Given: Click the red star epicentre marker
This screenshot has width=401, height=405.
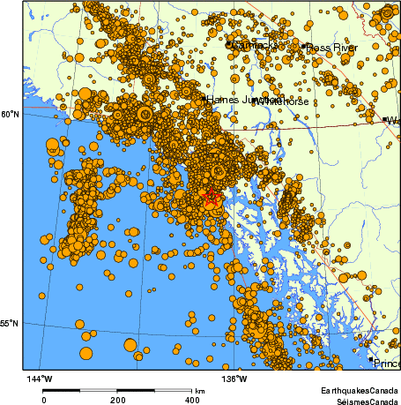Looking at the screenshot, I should tap(211, 198).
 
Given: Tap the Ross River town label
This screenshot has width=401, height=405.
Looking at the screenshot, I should tap(332, 46).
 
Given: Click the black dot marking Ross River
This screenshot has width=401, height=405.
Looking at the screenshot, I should tap(304, 46).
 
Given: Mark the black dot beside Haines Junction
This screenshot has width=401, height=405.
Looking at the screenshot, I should tap(203, 99).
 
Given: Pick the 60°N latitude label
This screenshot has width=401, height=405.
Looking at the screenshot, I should tap(9, 115).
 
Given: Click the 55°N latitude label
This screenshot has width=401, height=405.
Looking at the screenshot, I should tap(9, 323).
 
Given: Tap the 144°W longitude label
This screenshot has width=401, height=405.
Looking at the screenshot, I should tap(41, 379).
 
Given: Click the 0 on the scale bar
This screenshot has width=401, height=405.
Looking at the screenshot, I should tap(44, 400).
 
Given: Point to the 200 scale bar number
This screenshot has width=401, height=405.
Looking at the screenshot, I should tap(118, 400).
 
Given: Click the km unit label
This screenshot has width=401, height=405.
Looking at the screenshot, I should tap(201, 391).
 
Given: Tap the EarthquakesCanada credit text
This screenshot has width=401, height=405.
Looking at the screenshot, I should tap(359, 389).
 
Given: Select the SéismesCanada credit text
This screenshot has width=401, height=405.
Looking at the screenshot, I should tap(361, 401).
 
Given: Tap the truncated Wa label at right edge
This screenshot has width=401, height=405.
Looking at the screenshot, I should tap(393, 121).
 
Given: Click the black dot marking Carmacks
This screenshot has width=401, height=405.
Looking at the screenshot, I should tap(228, 44).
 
